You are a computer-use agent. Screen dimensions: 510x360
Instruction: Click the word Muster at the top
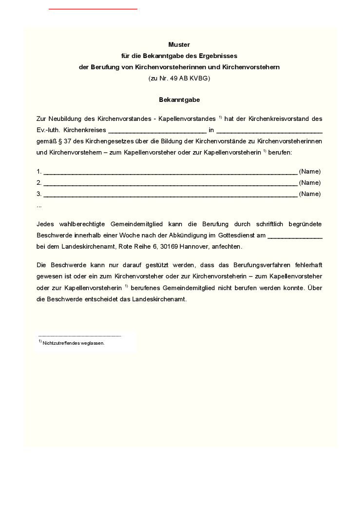tap(179, 45)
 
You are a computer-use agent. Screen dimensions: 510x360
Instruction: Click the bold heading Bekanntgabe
tap(179, 100)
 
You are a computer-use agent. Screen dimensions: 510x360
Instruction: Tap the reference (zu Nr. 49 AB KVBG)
tap(179, 78)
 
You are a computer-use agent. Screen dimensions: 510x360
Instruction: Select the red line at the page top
tap(93, 9)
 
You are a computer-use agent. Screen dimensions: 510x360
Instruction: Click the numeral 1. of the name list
tap(39, 172)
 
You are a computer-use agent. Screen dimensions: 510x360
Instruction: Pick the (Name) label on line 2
tap(310, 183)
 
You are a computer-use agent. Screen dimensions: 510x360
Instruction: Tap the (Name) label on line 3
tap(310, 194)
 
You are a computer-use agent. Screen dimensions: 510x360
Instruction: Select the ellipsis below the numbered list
tap(39, 206)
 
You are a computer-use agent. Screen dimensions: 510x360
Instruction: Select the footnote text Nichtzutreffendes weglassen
tap(74, 343)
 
